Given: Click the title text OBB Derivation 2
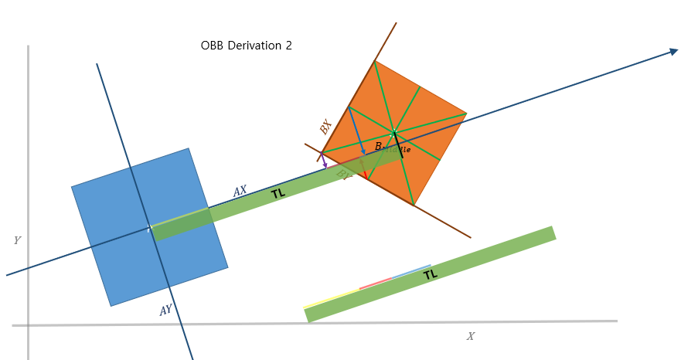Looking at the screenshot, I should [x=246, y=46].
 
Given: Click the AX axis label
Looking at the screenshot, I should [x=240, y=191].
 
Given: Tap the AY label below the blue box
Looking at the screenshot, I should [x=165, y=311].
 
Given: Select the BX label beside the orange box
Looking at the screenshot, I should [x=325, y=127].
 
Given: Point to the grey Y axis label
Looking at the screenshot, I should [x=17, y=241].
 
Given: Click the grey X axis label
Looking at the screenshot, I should [x=470, y=336].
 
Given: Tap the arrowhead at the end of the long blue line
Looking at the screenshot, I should [x=673, y=52].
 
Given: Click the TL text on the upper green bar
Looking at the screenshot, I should [x=278, y=194].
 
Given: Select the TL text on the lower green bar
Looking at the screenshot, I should [x=431, y=274].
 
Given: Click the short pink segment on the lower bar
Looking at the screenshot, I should [x=376, y=283].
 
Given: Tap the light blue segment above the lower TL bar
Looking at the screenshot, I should [x=411, y=271].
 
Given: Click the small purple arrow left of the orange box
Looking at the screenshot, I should [x=324, y=161].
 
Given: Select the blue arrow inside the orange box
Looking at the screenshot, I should [x=357, y=131].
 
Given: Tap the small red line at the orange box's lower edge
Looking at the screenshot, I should [x=366, y=175].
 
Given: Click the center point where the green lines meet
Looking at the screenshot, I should [x=393, y=133].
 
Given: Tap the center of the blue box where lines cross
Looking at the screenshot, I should [x=148, y=229].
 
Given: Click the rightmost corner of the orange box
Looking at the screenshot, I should [x=466, y=114].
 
